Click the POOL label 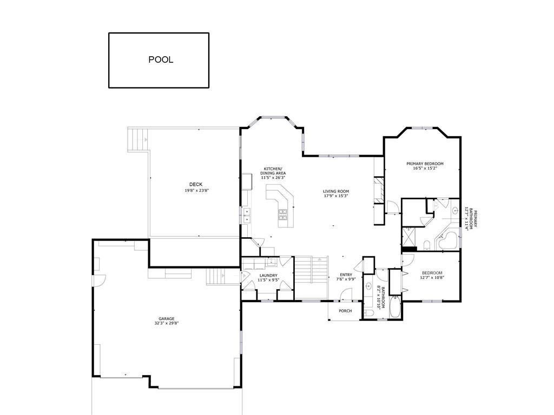[161, 59]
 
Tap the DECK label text [196, 184]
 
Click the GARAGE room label [166, 319]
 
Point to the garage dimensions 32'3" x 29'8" [166, 323]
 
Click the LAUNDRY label [268, 276]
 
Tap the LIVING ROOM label [335, 192]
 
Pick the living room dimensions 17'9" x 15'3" [335, 196]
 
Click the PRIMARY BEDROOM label [425, 164]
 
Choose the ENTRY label [346, 275]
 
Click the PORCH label [345, 311]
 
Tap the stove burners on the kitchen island [283, 214]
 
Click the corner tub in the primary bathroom [448, 241]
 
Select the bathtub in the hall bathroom [395, 307]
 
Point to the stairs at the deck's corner [138, 140]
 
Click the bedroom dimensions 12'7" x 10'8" [432, 277]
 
